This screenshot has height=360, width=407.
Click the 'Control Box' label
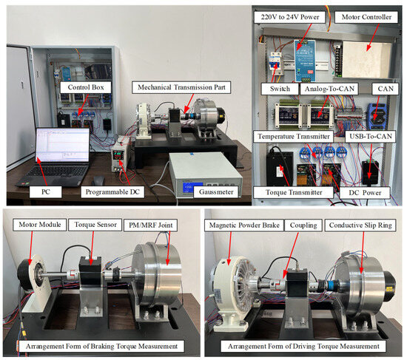[86, 87]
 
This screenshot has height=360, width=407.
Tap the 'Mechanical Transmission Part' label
[181, 87]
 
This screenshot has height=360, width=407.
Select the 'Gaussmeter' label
[216, 192]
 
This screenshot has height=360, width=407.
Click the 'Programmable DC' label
[112, 192]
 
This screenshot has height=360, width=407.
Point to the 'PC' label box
[46, 192]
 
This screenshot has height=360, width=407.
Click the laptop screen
[63, 145]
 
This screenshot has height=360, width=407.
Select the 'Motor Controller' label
[366, 17]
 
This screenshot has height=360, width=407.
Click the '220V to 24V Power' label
[290, 17]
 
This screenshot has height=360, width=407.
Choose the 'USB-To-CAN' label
[371, 137]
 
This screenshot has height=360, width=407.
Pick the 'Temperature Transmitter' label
[294, 137]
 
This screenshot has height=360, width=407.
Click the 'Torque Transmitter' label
[294, 192]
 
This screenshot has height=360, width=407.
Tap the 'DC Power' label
[365, 193]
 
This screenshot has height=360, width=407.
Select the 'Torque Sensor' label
[95, 225]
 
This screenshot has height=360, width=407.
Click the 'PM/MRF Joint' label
[151, 225]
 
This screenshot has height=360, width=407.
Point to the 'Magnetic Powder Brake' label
[244, 225]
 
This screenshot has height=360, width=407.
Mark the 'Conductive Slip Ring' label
[360, 225]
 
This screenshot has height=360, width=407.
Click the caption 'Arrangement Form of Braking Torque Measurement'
[101, 346]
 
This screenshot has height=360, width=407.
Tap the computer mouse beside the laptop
[98, 180]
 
